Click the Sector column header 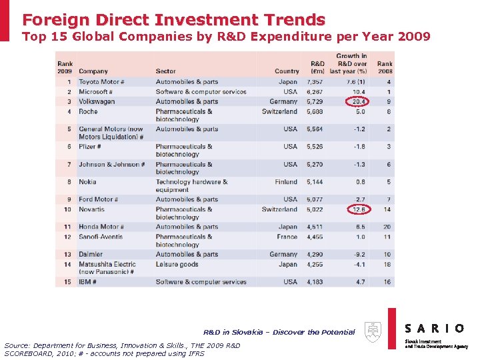(x=165, y=71)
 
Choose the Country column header (x=287, y=71)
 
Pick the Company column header (x=93, y=71)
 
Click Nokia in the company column (x=87, y=181)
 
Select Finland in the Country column (x=286, y=181)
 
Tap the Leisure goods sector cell (x=177, y=264)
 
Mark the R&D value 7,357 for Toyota (x=315, y=82)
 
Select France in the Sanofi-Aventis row (x=287, y=237)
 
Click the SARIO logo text (x=435, y=328)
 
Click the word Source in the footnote (x=19, y=345)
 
